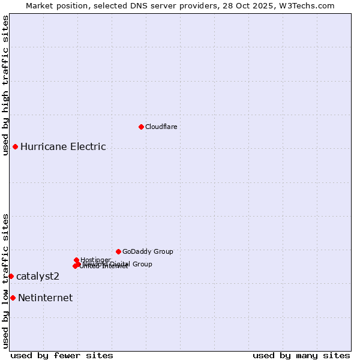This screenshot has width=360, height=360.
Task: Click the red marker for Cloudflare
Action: [141, 127]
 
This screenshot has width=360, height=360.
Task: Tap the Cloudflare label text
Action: [161, 127]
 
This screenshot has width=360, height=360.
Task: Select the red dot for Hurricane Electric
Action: [15, 146]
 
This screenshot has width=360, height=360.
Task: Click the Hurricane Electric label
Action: [63, 146]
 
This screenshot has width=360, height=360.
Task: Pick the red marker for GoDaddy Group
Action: [118, 251]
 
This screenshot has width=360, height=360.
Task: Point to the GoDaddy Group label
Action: [148, 251]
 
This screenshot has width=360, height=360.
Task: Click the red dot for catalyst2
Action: [11, 276]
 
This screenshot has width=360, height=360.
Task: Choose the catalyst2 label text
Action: [38, 276]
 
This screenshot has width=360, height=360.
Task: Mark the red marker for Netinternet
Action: [13, 298]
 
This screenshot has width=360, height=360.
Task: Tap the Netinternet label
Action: [46, 298]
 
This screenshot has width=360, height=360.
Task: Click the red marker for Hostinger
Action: [76, 260]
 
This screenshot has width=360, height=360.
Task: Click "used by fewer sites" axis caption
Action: [62, 355]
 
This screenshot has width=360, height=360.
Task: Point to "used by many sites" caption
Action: [301, 355]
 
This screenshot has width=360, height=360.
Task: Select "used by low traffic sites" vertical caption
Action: [6, 280]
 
